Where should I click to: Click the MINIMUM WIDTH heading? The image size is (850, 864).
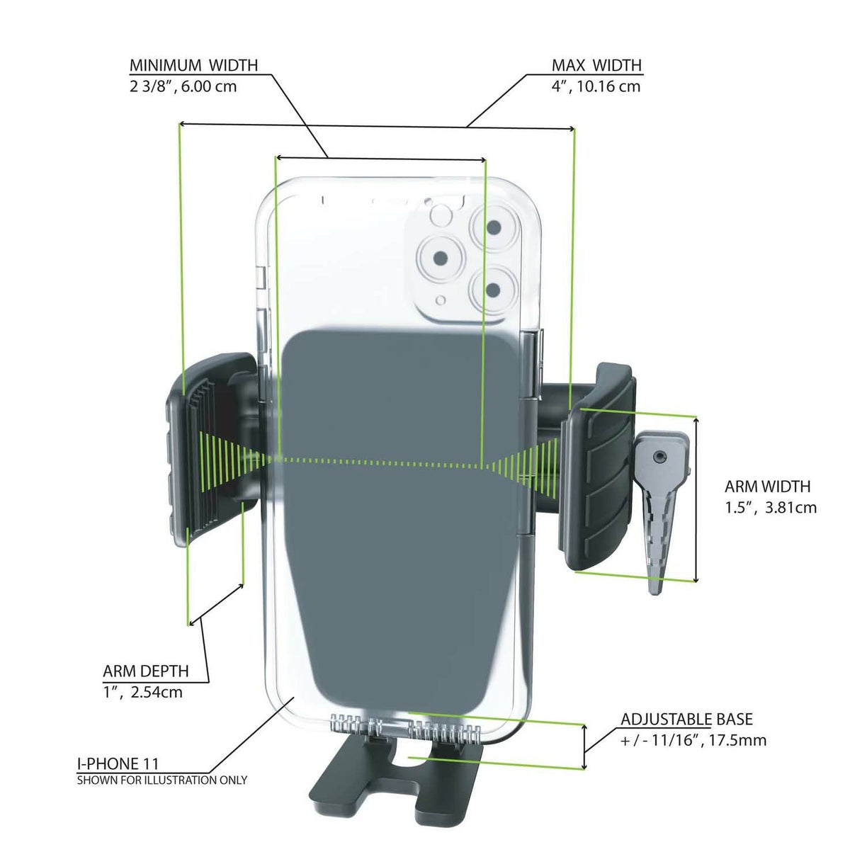(x=193, y=65)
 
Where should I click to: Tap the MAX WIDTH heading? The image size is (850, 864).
(x=596, y=65)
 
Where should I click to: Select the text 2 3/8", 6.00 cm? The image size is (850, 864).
(x=183, y=86)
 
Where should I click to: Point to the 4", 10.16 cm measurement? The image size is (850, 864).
(x=596, y=86)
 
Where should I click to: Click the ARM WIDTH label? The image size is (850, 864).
(x=767, y=487)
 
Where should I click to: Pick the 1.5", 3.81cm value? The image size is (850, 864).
(x=771, y=507)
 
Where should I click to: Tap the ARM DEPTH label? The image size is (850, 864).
(x=146, y=671)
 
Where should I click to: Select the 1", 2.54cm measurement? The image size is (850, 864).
(x=142, y=692)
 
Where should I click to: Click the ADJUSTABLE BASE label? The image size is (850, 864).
(x=686, y=720)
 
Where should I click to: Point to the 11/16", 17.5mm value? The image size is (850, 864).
(x=693, y=741)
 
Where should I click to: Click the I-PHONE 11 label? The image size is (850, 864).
(x=118, y=763)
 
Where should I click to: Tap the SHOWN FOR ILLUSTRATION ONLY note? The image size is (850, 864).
(x=162, y=780)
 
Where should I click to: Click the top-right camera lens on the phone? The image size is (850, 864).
(x=494, y=228)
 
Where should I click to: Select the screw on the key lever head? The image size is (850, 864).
(x=660, y=457)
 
